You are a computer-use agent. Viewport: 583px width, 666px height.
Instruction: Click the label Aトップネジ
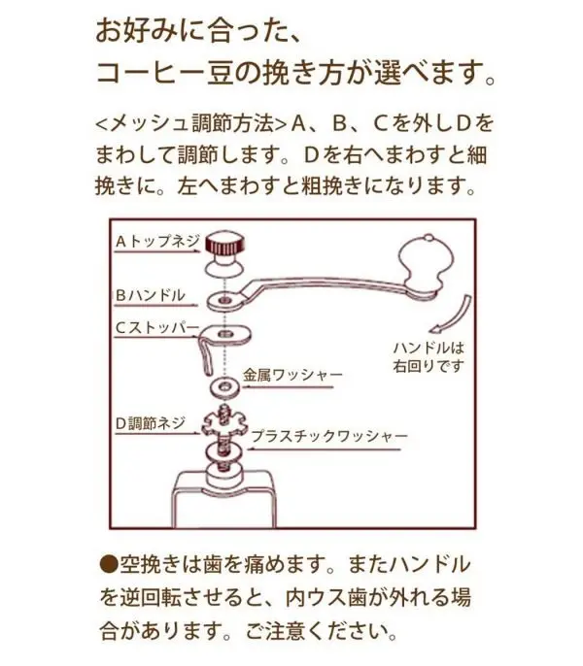coord(157,241)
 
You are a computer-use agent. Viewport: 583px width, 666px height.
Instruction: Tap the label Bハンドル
coord(151,295)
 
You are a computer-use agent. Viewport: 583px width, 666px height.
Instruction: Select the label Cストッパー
coord(157,327)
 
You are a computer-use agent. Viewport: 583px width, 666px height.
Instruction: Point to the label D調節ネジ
coord(151,423)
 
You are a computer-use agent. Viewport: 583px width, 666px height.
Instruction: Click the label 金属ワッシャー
coord(293,375)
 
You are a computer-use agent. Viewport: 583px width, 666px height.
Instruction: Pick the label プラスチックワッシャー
coord(329,436)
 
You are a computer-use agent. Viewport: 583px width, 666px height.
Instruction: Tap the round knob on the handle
coord(426,261)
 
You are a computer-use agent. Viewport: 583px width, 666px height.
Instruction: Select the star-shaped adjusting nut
coord(223,425)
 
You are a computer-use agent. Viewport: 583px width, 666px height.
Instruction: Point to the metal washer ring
coord(223,387)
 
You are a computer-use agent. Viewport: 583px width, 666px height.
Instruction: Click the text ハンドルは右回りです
coord(429,357)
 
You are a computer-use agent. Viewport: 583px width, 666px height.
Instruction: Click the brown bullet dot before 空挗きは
coord(109,564)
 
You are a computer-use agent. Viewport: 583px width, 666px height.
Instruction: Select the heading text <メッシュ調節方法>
coord(190,123)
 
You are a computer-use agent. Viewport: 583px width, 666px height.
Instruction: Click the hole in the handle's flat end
coord(224,300)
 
